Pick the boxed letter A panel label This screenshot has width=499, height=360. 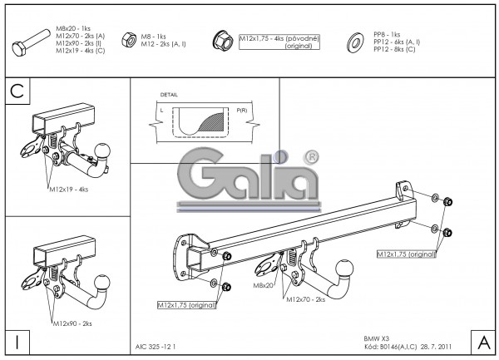coord(482,341)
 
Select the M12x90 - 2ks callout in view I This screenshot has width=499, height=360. coord(71,323)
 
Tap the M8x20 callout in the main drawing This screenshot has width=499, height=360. coord(264,286)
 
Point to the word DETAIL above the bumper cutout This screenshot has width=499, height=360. coord(169,96)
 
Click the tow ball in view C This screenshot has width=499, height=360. coord(103,150)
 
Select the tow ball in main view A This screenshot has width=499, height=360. coord(344,269)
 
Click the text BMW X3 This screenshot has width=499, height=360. coord(376,338)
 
